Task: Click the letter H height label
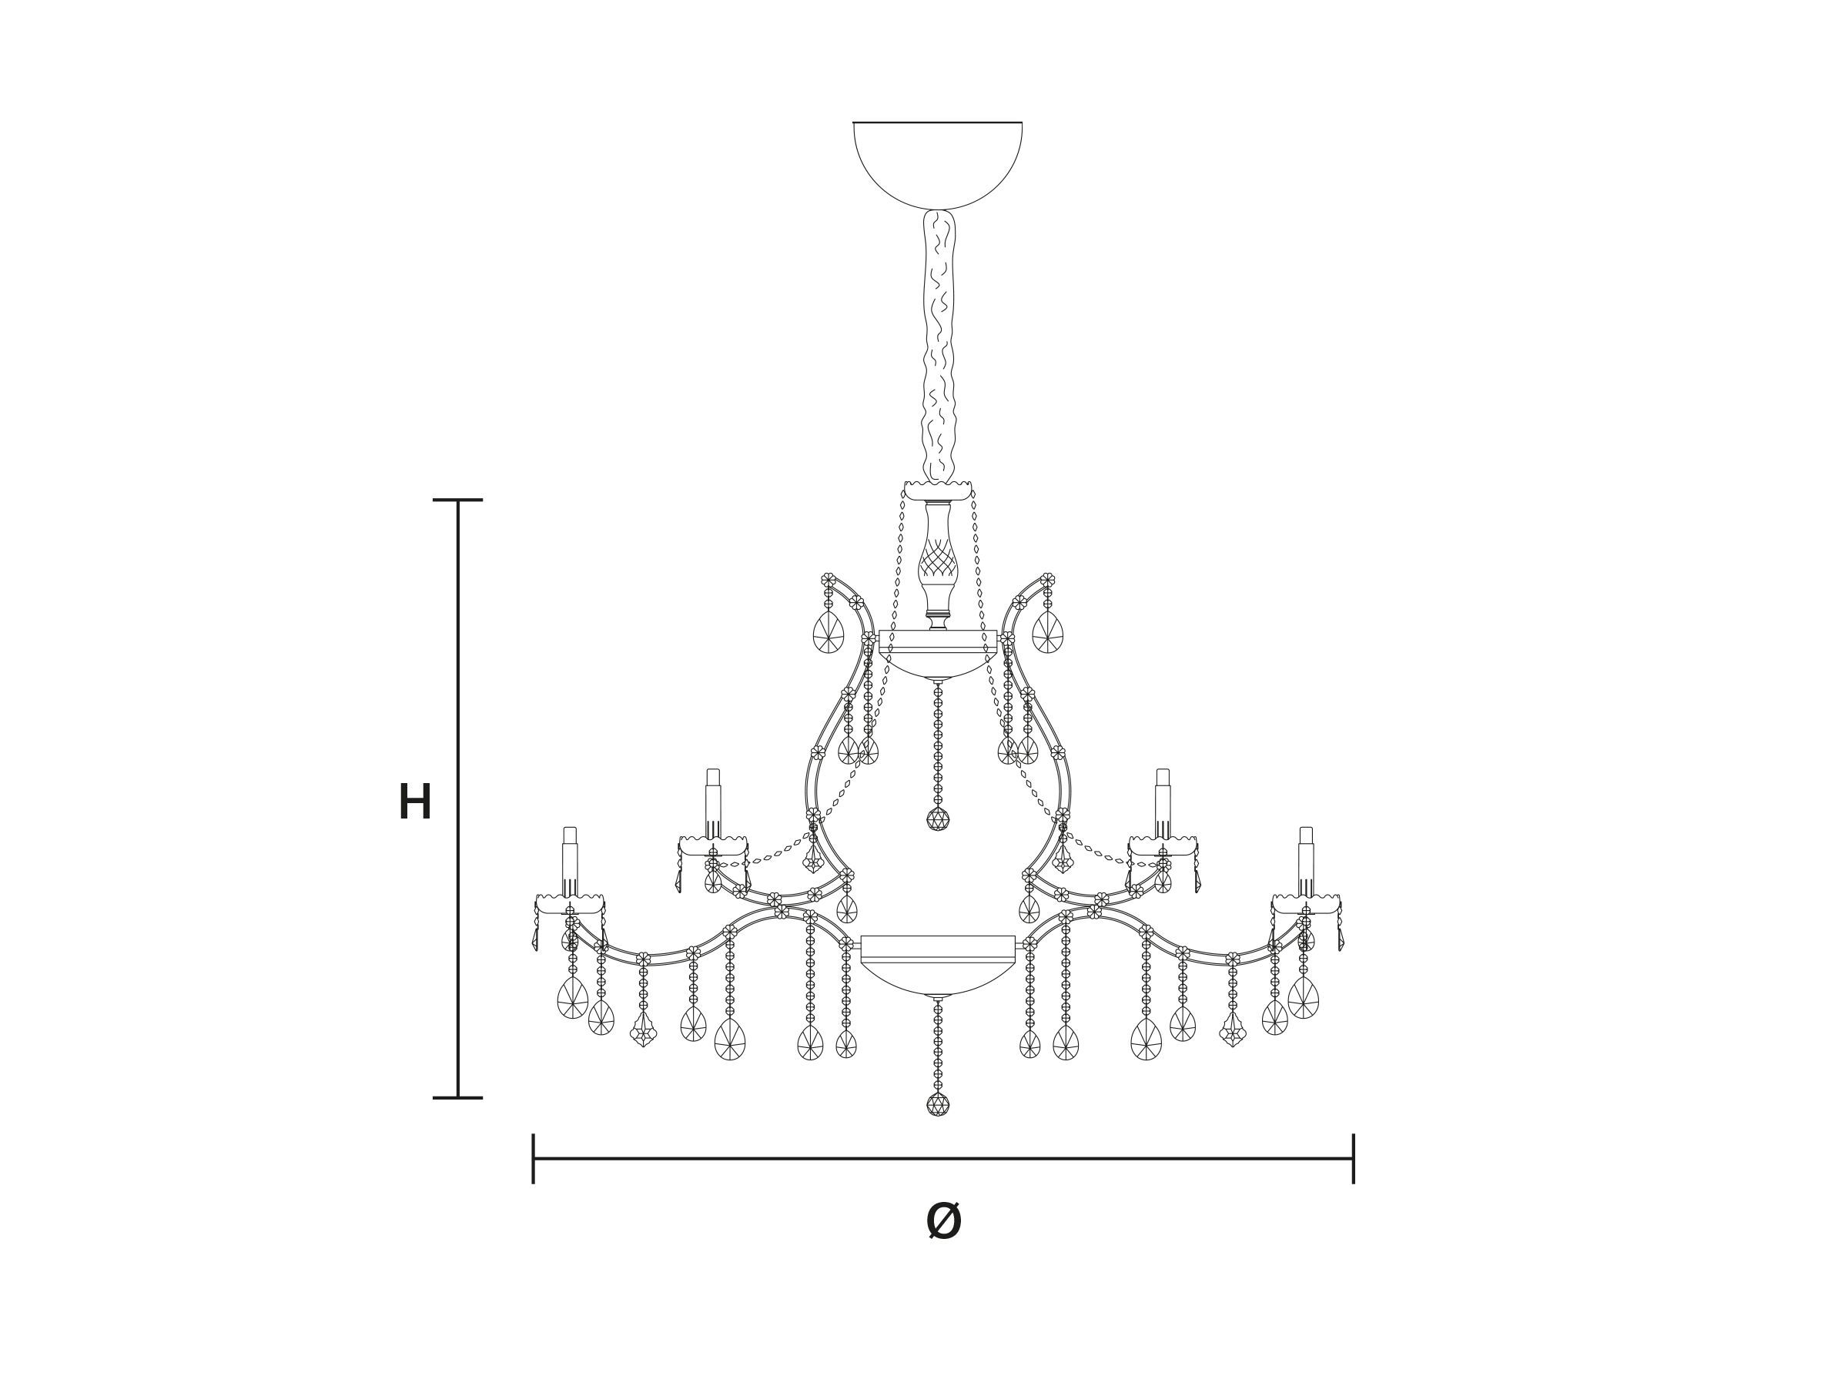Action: tap(415, 802)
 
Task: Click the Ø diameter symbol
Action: tap(944, 1221)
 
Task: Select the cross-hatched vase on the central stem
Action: tap(937, 564)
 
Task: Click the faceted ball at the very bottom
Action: tap(938, 1104)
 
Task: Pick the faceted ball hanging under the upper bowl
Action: tap(938, 819)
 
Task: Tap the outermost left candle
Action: tap(570, 862)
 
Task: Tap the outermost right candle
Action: tap(1306, 862)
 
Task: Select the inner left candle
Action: tap(712, 803)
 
